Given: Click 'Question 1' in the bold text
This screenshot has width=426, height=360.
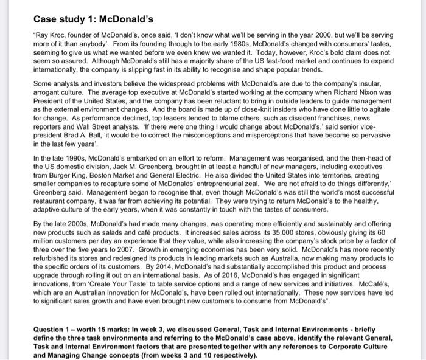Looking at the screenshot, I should pos(53,330).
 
